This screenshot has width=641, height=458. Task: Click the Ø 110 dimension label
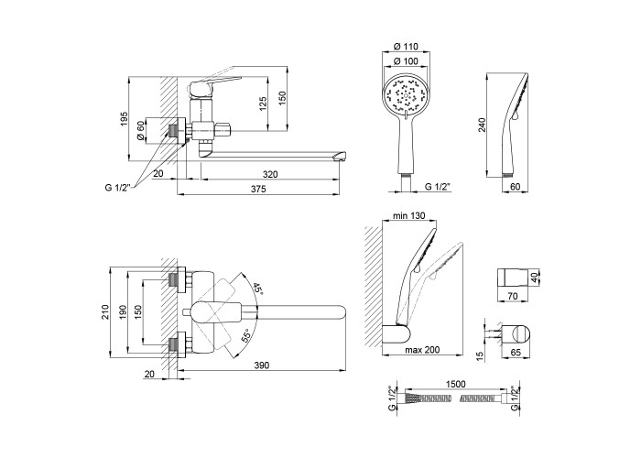406,47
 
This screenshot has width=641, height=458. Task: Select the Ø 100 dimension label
406,61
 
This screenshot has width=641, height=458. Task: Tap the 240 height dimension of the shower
483,125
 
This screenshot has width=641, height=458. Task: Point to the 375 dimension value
258,189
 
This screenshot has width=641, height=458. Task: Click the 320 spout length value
270,174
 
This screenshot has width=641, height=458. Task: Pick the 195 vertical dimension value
125,118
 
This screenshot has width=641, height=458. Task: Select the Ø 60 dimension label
140,131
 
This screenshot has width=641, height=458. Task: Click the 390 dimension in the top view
262,365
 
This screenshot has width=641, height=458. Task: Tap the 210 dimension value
106,311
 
